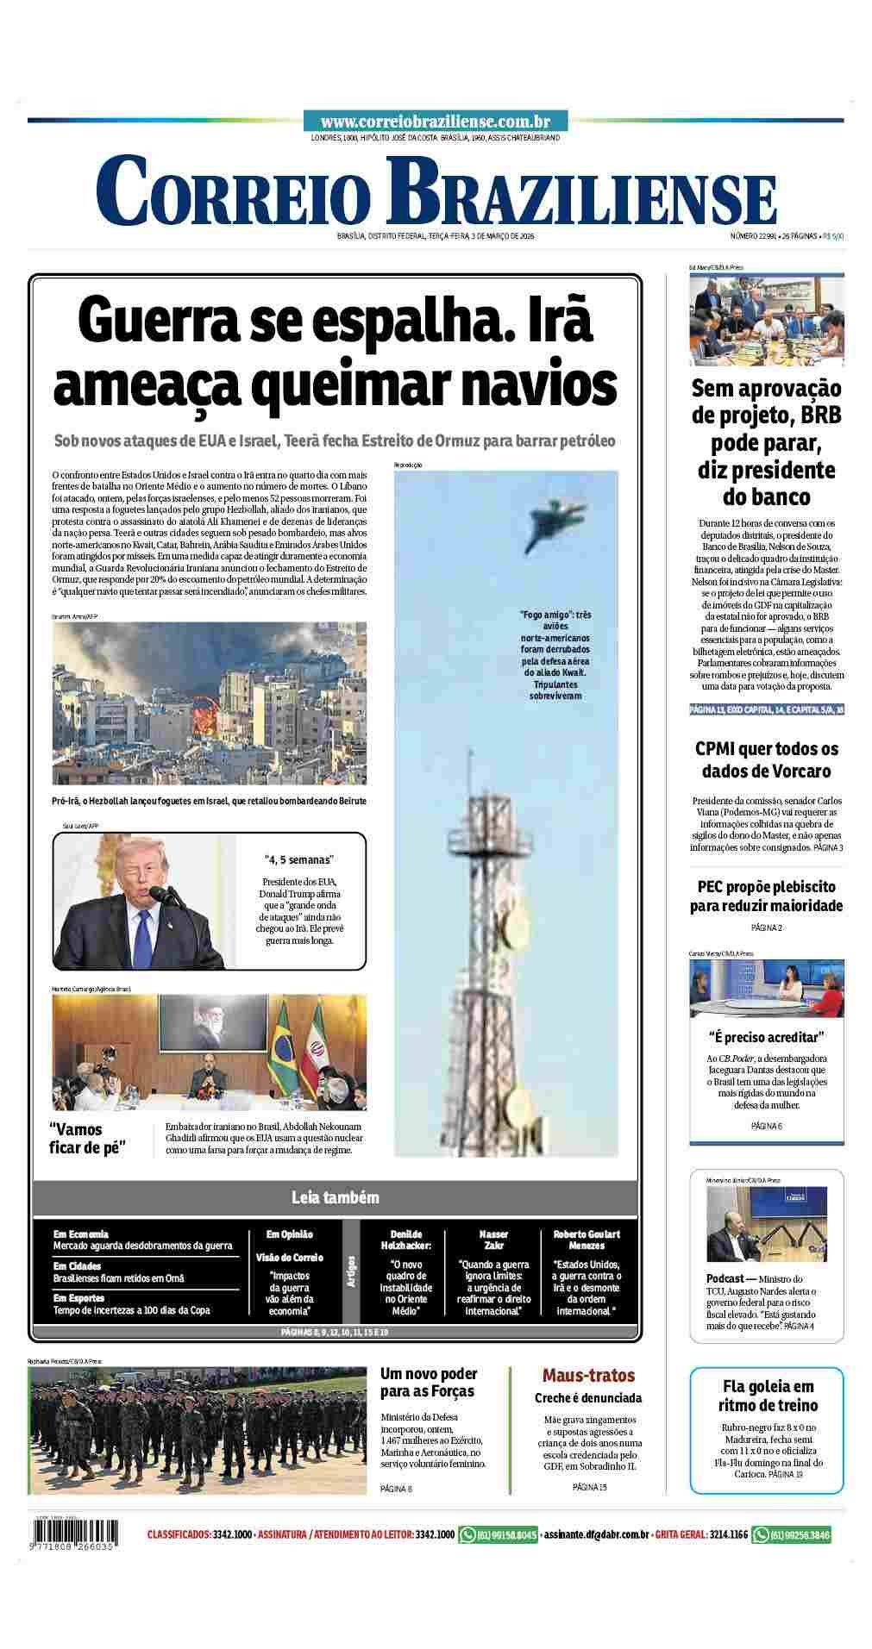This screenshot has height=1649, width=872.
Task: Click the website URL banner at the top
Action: pyautogui.click(x=435, y=122)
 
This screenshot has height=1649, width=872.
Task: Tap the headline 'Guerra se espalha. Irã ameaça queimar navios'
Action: pyautogui.click(x=335, y=353)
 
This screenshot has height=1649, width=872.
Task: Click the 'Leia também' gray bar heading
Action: pyautogui.click(x=335, y=1197)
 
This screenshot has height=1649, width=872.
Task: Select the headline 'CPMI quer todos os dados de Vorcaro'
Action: pyautogui.click(x=766, y=759)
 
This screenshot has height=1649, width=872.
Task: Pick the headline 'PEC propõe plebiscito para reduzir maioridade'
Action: pyautogui.click(x=766, y=896)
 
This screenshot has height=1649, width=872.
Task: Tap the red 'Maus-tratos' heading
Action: pyautogui.click(x=588, y=1376)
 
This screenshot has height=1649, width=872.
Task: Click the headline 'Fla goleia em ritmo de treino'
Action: pyautogui.click(x=767, y=1395)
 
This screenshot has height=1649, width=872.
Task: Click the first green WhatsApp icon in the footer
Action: pyautogui.click(x=468, y=1534)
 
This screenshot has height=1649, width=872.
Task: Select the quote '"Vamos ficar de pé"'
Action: pyautogui.click(x=88, y=1138)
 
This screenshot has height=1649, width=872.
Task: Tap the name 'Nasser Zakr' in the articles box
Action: pyautogui.click(x=494, y=1240)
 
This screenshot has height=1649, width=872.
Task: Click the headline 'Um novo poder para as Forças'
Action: pyautogui.click(x=429, y=1382)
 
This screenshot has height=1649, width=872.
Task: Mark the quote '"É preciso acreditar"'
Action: pyautogui.click(x=766, y=1036)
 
